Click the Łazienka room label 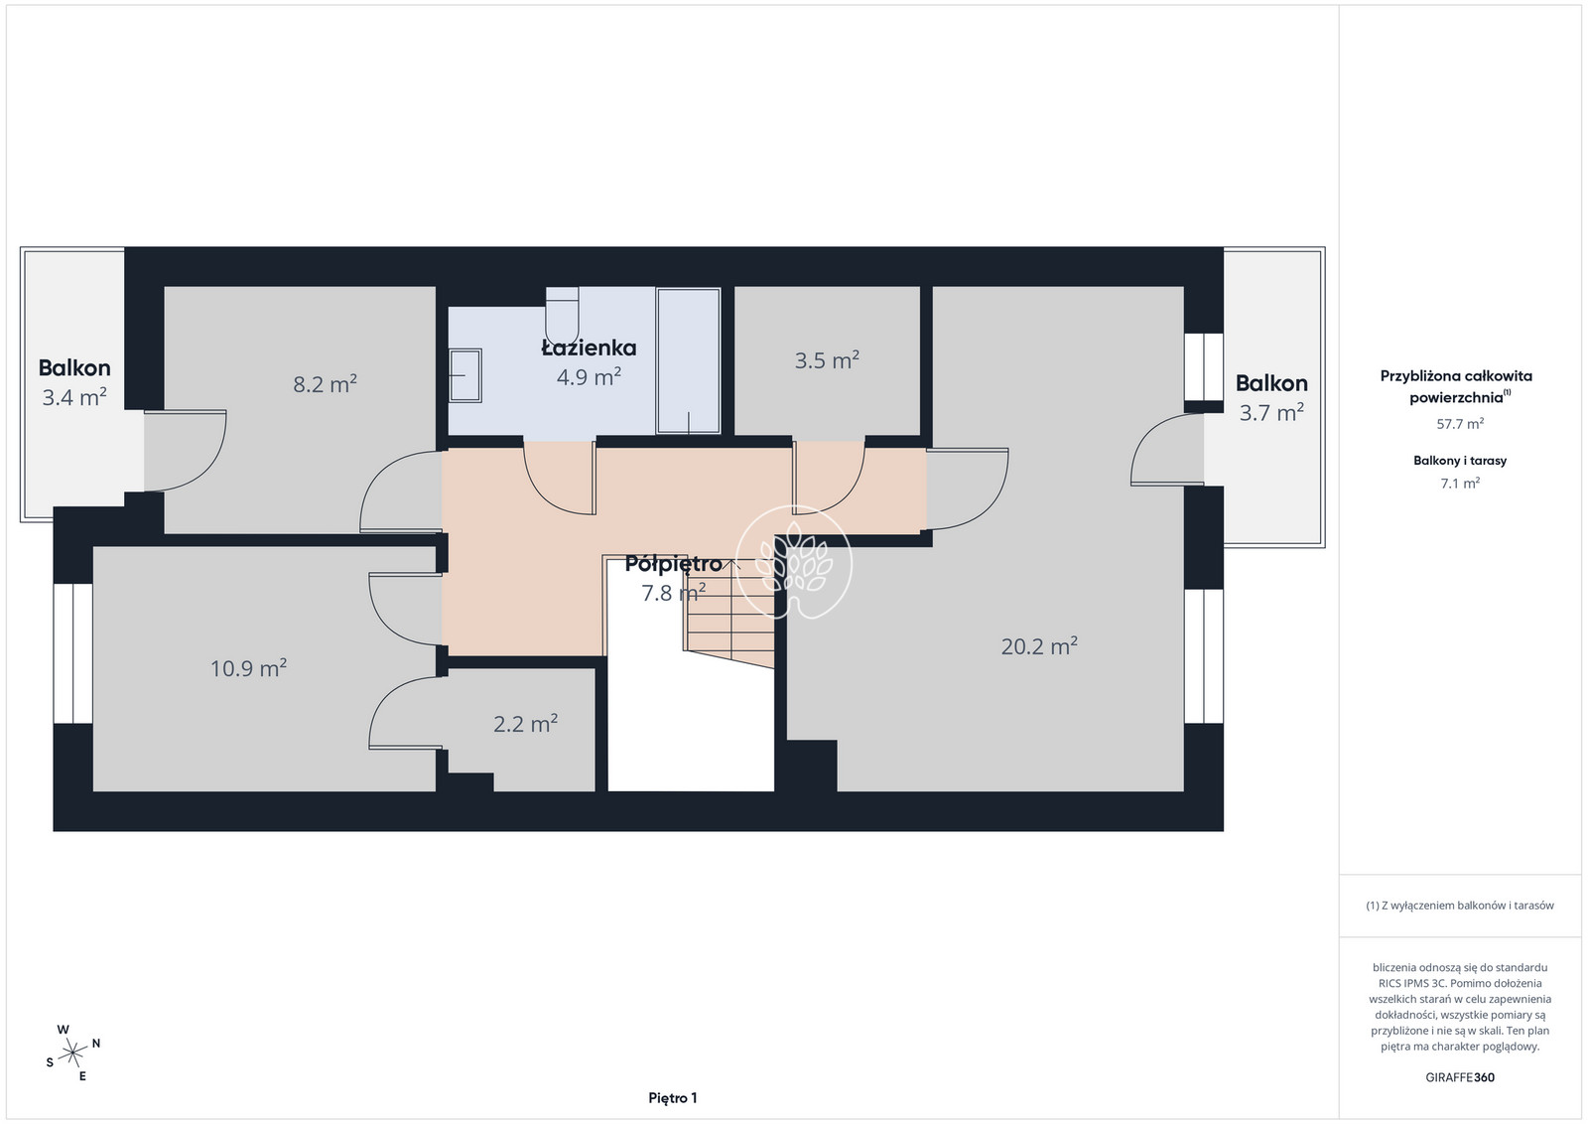pyautogui.click(x=589, y=349)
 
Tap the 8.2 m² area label pyautogui.click(x=325, y=383)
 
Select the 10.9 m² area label pyautogui.click(x=248, y=667)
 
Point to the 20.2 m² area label pyautogui.click(x=1039, y=645)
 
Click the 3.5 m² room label pyautogui.click(x=827, y=359)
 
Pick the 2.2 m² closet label pyautogui.click(x=525, y=723)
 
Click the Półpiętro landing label pyautogui.click(x=674, y=564)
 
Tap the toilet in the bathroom pyautogui.click(x=562, y=315)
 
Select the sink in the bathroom pyautogui.click(x=465, y=375)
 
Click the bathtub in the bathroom pyautogui.click(x=689, y=360)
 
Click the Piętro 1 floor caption pyautogui.click(x=673, y=1098)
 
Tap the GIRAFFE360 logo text pyautogui.click(x=1460, y=1077)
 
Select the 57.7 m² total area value pyautogui.click(x=1460, y=423)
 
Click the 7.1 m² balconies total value pyautogui.click(x=1460, y=483)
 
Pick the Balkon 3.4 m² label pyautogui.click(x=74, y=382)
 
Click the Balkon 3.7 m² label pyautogui.click(x=1271, y=398)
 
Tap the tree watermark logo pyautogui.click(x=793, y=562)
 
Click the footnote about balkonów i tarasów pyautogui.click(x=1460, y=905)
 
